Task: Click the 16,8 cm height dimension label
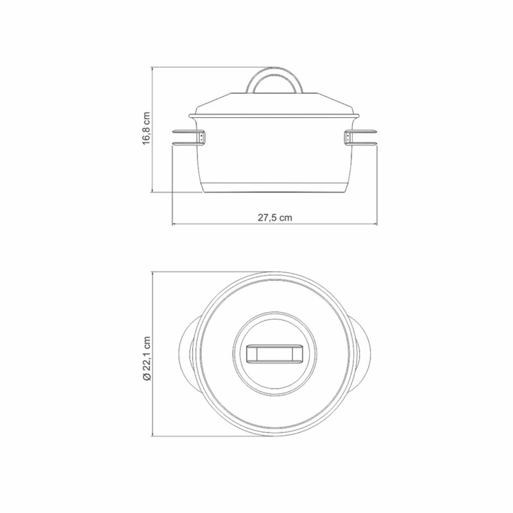pyautogui.click(x=146, y=129)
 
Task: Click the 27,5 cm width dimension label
pyautogui.click(x=275, y=218)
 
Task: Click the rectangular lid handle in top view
pyautogui.click(x=275, y=354)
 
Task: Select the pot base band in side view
pyautogui.click(x=275, y=188)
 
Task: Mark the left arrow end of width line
pyautogui.click(x=173, y=224)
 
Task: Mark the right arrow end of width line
pyautogui.click(x=376, y=224)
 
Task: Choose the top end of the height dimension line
pyautogui.click(x=152, y=67)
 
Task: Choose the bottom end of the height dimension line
pyautogui.click(x=152, y=192)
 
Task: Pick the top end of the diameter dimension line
pyautogui.click(x=152, y=273)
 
